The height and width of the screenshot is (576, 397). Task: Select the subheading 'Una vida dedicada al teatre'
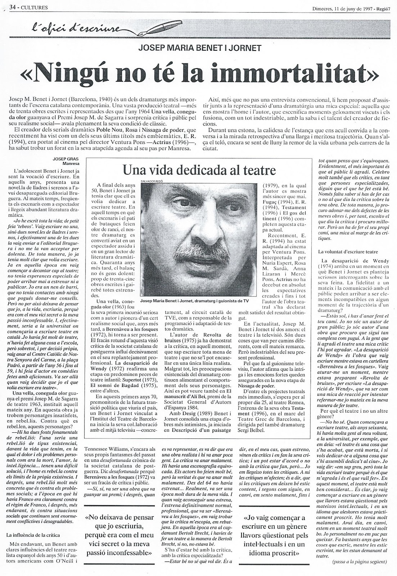(x=198, y=169)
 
